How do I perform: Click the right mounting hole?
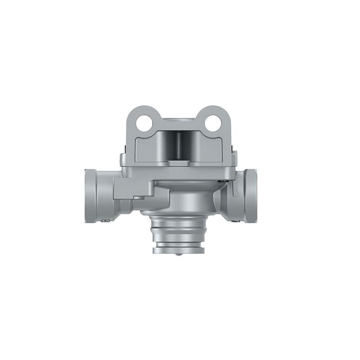tap(213, 123)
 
